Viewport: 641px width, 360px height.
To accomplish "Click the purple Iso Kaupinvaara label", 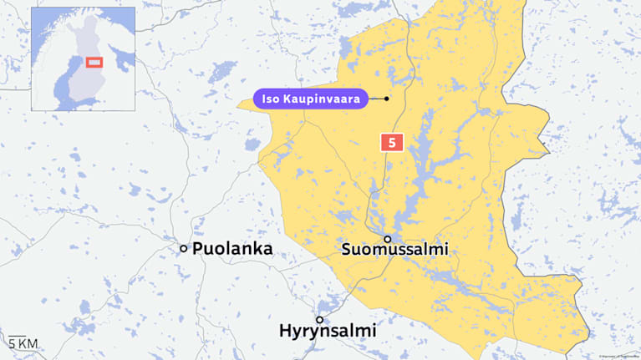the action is [x=312, y=99].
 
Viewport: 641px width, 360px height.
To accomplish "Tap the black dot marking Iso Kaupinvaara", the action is [x=387, y=99].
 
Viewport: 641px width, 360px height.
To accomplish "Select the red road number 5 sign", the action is [x=390, y=142].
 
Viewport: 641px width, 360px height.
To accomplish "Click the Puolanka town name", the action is [x=232, y=249].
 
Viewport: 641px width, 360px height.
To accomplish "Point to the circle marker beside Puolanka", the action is [x=184, y=248].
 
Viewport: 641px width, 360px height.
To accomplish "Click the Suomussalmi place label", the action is [x=395, y=250].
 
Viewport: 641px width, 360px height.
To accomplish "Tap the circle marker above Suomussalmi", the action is [x=387, y=239].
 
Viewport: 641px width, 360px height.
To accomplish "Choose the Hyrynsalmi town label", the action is [x=328, y=331].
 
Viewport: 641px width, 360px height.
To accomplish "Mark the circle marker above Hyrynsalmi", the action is [x=319, y=320].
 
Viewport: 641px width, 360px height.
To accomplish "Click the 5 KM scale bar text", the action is [x=23, y=343].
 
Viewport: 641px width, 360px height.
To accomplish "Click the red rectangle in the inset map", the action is [x=94, y=61].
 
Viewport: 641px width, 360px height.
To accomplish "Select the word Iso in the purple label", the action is [x=272, y=99].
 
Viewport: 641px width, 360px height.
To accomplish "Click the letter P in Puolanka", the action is [x=198, y=249].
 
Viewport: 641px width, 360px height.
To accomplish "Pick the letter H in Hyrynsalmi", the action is [x=286, y=331].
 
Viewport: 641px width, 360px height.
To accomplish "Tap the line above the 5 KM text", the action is [x=23, y=335].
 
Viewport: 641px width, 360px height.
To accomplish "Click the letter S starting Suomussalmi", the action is [x=348, y=250].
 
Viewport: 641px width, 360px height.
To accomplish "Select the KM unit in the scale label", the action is [x=28, y=343].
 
